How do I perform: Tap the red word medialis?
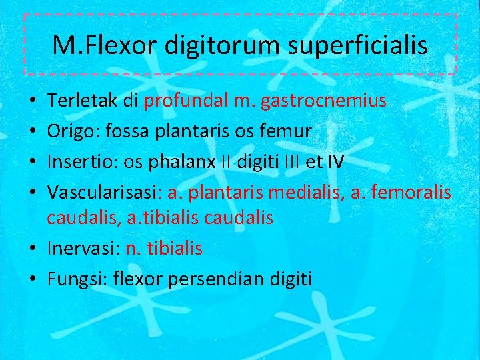pyautogui.click(x=301, y=193)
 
